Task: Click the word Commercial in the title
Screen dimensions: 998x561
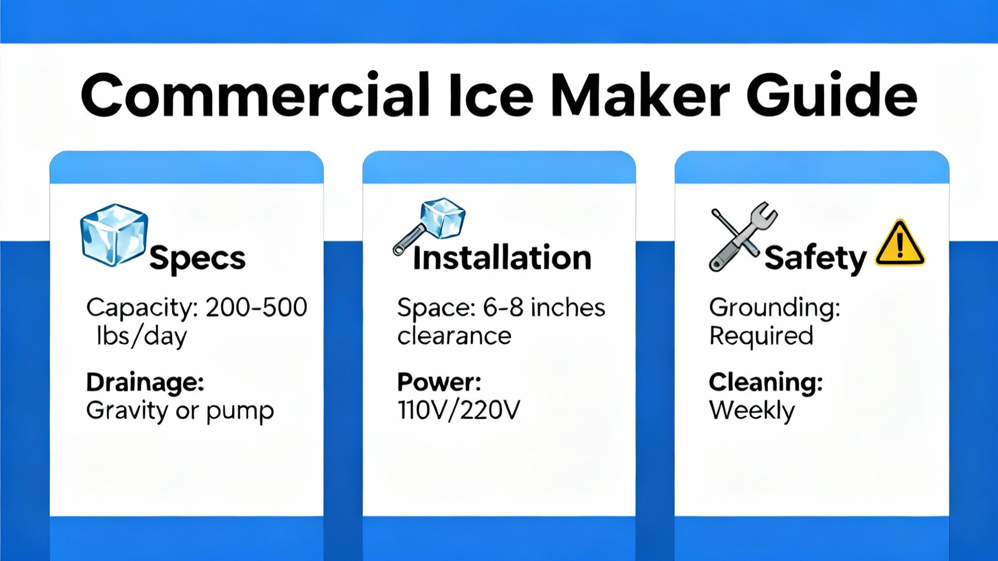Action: (255, 95)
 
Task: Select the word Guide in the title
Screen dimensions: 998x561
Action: (832, 95)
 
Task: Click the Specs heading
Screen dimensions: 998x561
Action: (197, 259)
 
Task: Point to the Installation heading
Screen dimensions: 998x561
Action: (502, 257)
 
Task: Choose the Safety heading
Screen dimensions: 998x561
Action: (816, 259)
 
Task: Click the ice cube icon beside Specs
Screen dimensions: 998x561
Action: (114, 235)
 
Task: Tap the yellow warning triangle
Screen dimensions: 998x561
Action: (900, 243)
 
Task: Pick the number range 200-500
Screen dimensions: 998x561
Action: (256, 307)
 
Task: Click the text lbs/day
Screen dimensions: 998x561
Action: (142, 336)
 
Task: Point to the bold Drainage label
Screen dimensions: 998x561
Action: (145, 383)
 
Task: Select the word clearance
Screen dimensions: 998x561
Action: (454, 336)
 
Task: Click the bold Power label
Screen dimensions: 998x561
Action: (439, 382)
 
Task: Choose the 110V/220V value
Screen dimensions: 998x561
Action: (458, 410)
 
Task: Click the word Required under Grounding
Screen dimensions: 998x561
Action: (761, 336)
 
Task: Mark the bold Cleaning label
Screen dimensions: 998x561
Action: (765, 383)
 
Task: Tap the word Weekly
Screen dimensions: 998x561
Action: (752, 411)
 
